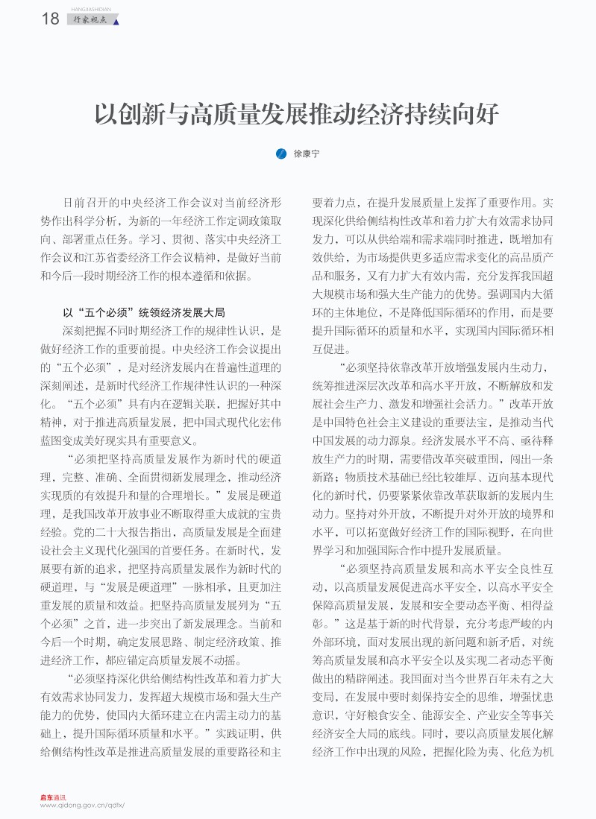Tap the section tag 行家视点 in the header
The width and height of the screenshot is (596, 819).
coord(91,20)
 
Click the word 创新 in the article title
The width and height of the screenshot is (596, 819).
coord(141,115)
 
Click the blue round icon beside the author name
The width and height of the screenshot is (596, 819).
coord(280,154)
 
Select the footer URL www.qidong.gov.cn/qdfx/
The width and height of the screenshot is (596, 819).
coord(81,806)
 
